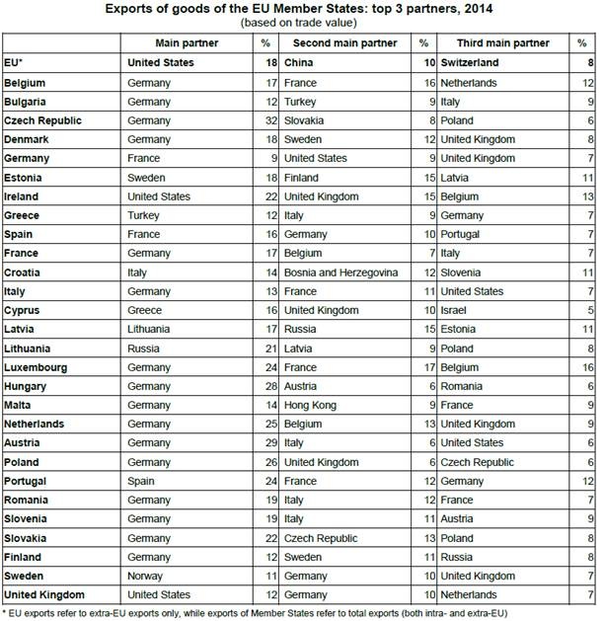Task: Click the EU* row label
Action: coord(14,62)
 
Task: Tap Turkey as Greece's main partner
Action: coord(144,214)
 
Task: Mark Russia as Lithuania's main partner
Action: coord(144,348)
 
